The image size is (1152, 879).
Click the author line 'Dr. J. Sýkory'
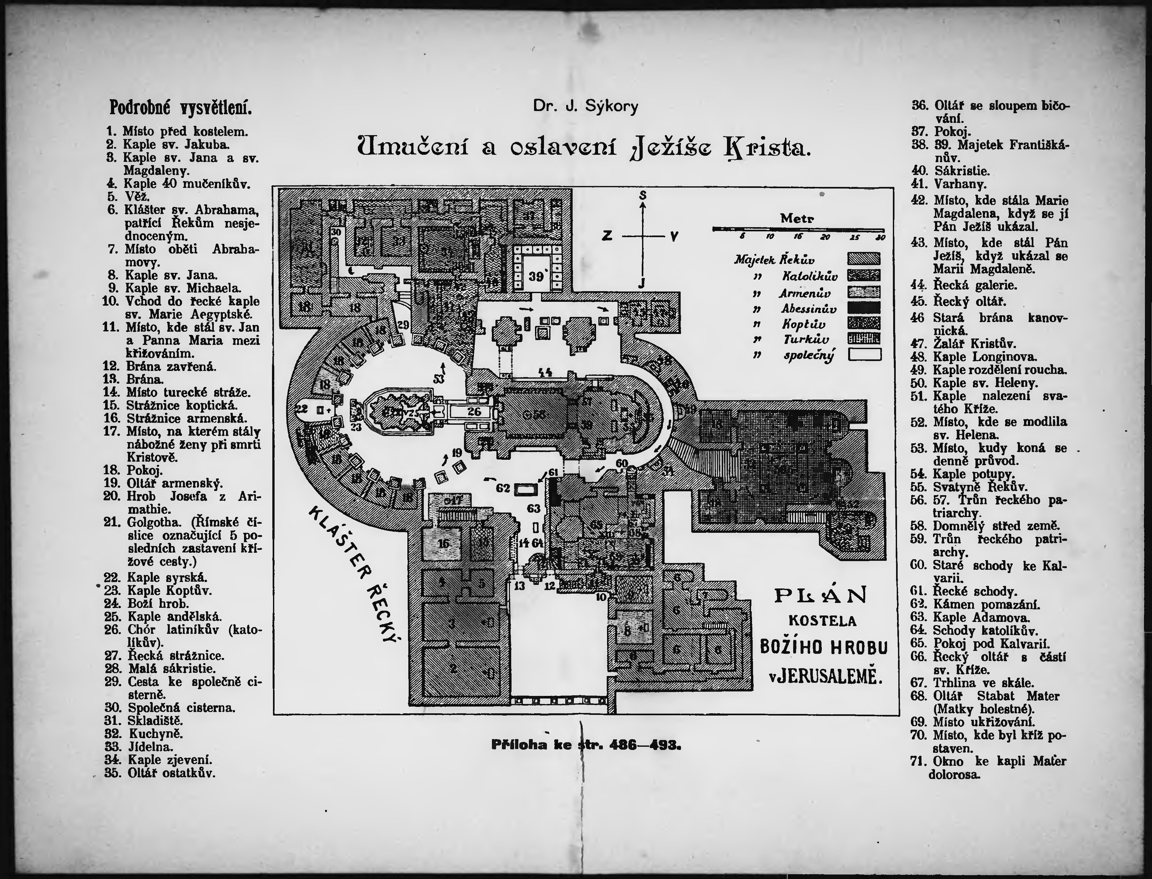coord(586,107)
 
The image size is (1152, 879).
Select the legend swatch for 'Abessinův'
coord(864,308)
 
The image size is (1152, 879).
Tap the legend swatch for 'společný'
coord(864,355)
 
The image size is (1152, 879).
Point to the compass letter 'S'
coord(643,196)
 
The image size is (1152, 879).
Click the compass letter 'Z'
coord(607,236)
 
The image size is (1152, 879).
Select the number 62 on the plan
coord(503,488)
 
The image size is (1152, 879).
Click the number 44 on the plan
coord(545,372)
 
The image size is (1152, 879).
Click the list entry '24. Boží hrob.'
coord(158,603)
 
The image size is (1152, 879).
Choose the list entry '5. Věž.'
coord(129,197)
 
